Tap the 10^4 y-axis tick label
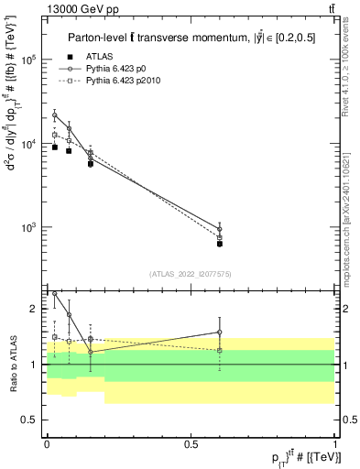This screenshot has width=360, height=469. tap(30, 144)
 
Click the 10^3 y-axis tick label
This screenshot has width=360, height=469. tap(30, 227)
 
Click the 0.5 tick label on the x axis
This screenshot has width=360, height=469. tap(190, 444)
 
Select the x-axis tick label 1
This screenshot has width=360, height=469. tap(334, 444)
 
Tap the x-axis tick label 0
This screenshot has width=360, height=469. tap(47, 444)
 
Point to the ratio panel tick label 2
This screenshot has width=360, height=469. tap(35, 309)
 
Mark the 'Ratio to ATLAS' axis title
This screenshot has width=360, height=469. tap(12, 364)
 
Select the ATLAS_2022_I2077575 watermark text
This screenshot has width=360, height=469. tap(190, 273)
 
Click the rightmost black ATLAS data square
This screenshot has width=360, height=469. tap(220, 244)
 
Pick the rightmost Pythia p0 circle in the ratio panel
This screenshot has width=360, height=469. tap(220, 333)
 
